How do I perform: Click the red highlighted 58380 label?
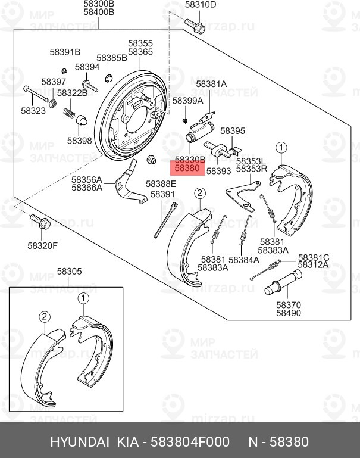tap(189, 169)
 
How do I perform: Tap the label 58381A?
tap(211, 84)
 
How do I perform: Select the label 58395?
tap(233, 130)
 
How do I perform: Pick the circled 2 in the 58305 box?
tap(44, 316)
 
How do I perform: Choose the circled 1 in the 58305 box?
tap(83, 297)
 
